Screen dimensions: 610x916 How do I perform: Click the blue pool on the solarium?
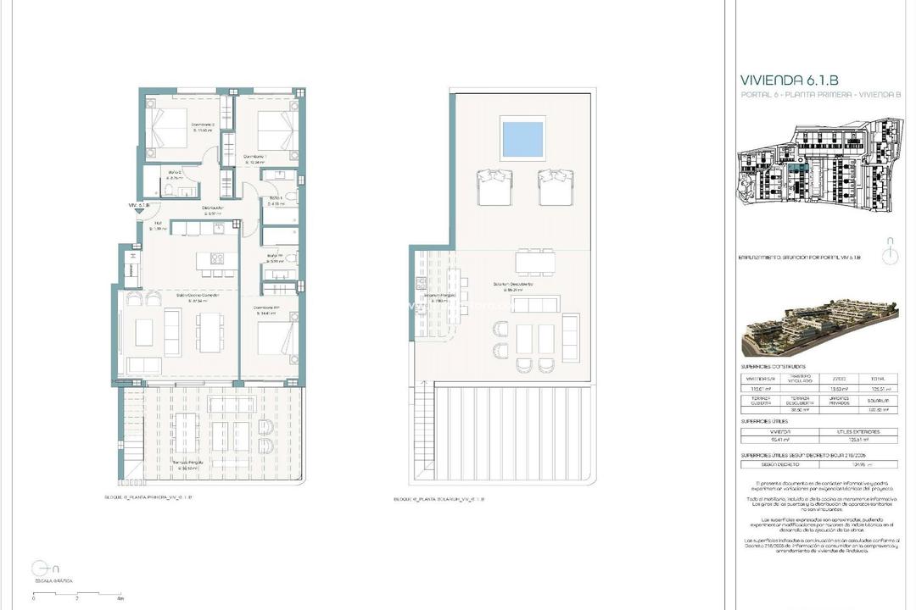522,138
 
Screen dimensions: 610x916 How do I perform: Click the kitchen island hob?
216,259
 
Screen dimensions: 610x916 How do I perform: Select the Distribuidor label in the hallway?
212,208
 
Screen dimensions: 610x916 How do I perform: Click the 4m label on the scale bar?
120,598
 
